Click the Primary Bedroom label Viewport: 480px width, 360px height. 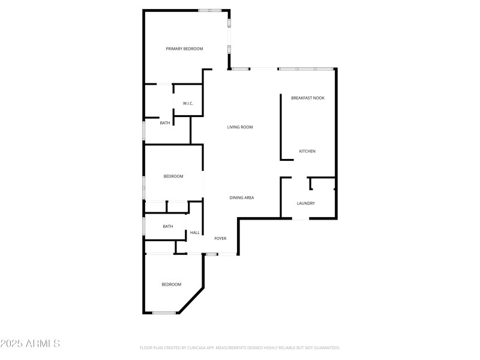tap(184, 49)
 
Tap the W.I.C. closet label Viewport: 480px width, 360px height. tap(188, 104)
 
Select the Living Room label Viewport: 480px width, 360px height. tap(239, 127)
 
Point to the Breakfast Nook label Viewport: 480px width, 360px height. tap(308, 98)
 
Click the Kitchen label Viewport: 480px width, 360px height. tap(307, 151)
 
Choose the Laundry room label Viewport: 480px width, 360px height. tap(306, 203)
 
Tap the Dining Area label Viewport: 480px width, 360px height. tap(242, 197)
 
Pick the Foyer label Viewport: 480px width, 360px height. tap(220, 239)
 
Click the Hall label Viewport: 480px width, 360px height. tap(194, 233)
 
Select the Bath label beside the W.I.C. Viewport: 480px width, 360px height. tap(164, 123)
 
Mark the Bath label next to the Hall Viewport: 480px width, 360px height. tap(167, 227)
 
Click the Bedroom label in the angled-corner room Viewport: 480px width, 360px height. tap(171, 284)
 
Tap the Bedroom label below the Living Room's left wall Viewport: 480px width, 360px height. tap(173, 176)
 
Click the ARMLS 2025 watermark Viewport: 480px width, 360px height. tap(30, 344)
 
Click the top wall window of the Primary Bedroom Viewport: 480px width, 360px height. tap(210, 10)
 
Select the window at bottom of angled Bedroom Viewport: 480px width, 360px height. tap(163, 313)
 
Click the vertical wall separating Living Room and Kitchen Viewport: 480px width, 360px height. tap(281, 127)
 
